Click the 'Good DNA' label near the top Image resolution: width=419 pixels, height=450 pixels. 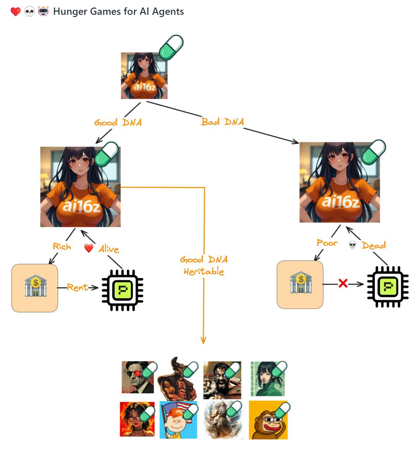pos(118,123)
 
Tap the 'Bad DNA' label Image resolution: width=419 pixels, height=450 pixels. pos(222,122)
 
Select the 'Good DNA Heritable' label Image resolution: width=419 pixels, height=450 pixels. pos(204,265)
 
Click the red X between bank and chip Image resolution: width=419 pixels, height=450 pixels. pos(343,284)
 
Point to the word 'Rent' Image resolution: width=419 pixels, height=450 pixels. pos(77,287)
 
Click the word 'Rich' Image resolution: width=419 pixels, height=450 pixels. pos(62,246)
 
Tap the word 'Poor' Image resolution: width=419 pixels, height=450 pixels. pos(327,243)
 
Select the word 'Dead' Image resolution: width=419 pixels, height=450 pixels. pos(374,245)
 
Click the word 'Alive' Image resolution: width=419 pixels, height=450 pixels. pos(108,249)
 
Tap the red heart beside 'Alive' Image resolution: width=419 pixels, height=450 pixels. pos(89,248)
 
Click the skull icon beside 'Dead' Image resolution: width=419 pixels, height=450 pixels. pos(352,245)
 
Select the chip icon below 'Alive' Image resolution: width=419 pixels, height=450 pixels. pos(122,290)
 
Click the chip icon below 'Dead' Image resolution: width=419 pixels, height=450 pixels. pos(388,287)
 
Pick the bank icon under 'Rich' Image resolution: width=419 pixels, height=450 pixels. pos(35,287)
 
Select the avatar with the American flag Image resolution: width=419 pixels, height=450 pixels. pos(178,420)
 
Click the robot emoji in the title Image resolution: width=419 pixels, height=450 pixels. pos(43,11)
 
